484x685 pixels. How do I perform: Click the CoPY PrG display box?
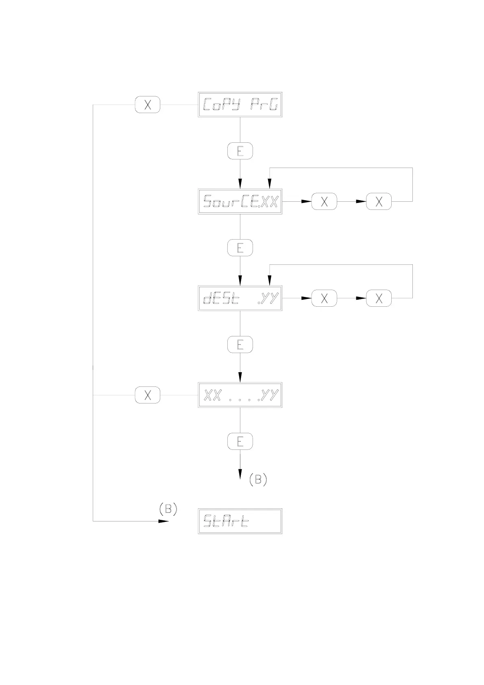(x=240, y=105)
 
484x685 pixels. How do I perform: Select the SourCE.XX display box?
(x=240, y=201)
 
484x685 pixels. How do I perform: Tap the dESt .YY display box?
(x=240, y=298)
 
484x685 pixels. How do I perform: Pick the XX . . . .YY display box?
(x=240, y=395)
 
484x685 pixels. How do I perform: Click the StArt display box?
(x=240, y=521)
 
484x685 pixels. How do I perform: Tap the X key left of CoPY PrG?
(x=148, y=105)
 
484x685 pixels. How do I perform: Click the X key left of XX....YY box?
(x=148, y=395)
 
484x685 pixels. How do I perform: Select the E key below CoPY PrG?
(x=240, y=151)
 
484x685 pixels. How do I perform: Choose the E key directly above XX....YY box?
(x=240, y=345)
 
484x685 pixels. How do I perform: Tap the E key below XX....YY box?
(x=240, y=441)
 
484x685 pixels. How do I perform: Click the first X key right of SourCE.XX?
(x=324, y=201)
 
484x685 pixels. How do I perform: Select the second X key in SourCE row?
(x=379, y=201)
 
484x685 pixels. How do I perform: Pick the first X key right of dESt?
(x=324, y=298)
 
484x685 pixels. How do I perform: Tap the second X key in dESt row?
(x=379, y=298)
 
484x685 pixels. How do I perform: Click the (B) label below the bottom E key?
(x=258, y=480)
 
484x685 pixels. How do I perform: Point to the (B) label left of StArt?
(x=168, y=509)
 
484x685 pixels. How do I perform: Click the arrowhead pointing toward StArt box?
(x=164, y=521)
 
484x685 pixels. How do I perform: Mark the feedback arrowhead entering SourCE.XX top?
(x=269, y=184)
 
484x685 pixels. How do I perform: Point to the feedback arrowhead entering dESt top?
(x=269, y=281)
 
